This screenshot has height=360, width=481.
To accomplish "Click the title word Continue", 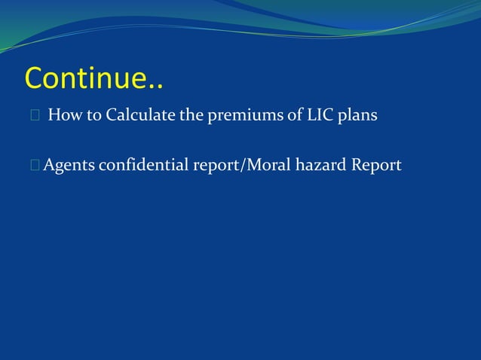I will [87, 77].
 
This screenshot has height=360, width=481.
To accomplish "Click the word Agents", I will [69, 166].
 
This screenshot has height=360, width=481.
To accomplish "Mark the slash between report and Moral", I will [240, 166].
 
